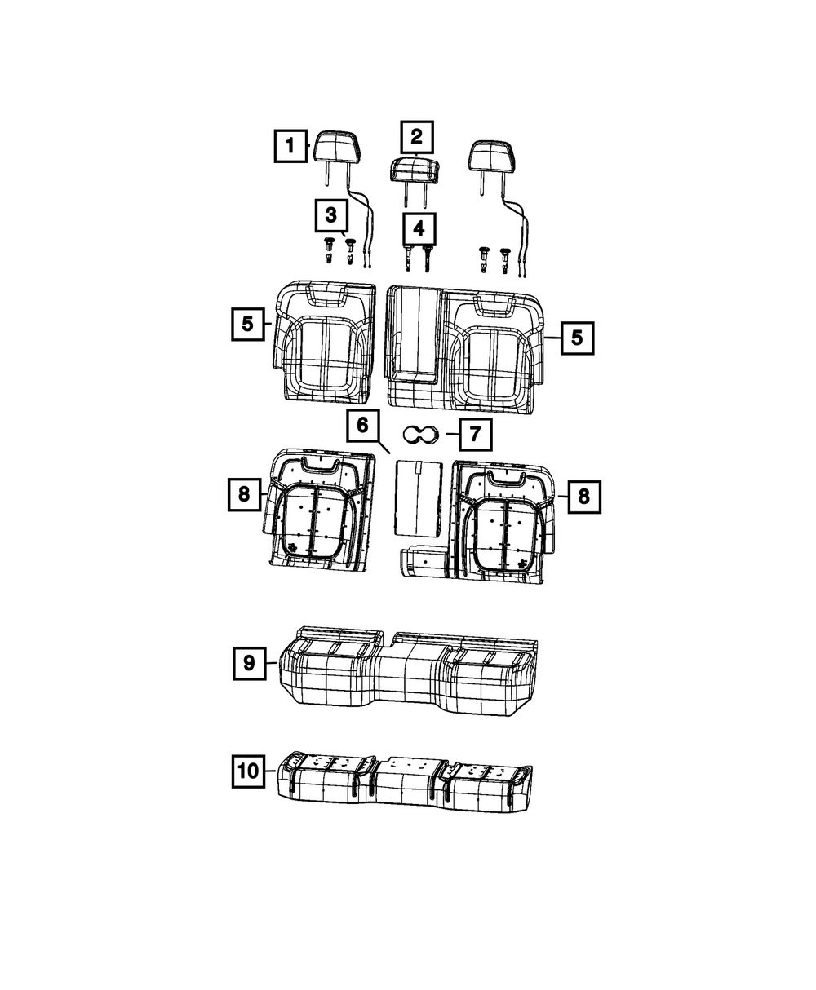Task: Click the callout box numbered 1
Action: click(290, 146)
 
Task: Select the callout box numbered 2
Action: click(416, 137)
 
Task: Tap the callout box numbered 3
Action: click(331, 216)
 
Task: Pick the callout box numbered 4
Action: click(419, 229)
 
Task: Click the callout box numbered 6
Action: click(362, 426)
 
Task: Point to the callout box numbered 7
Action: click(476, 434)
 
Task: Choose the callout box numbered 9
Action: click(249, 663)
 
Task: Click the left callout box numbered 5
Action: click(247, 324)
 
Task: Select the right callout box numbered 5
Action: click(578, 338)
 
